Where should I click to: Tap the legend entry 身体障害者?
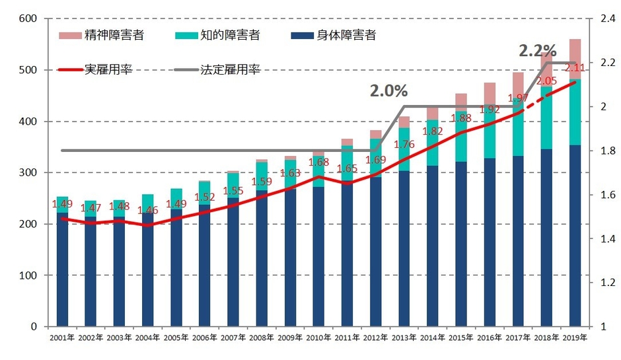coord(347,36)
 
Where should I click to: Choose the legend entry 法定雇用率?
coord(230,69)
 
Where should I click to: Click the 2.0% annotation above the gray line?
coord(388,91)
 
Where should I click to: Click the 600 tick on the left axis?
coord(27,18)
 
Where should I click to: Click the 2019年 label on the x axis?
coord(574,338)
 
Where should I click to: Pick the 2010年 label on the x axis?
coord(319,338)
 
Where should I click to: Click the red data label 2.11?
coord(574,68)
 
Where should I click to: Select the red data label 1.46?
coord(149,211)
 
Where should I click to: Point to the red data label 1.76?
coord(404,145)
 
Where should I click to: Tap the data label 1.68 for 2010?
coord(319,162)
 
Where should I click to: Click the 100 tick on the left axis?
coord(27,275)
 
